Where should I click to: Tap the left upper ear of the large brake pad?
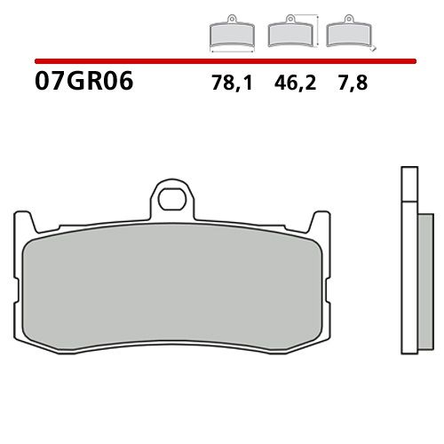(22, 222)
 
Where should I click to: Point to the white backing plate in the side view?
(408, 284)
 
